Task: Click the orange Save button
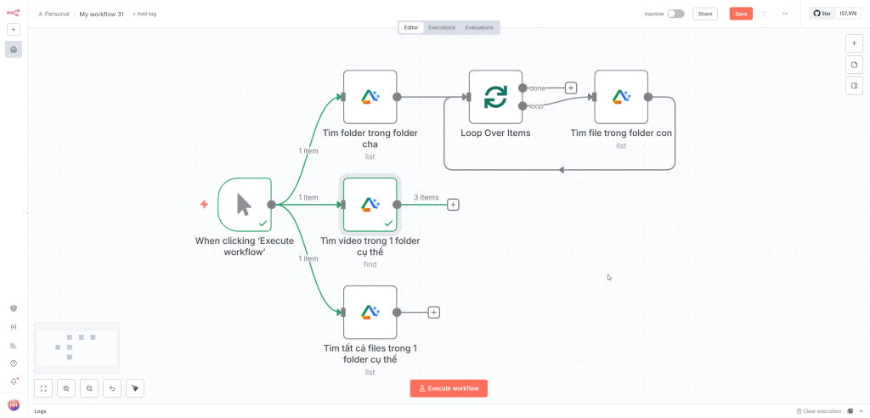(741, 14)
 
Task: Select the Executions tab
(441, 27)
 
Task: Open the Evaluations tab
(479, 27)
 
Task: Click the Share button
(705, 14)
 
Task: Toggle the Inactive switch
(675, 14)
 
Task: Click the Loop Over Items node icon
(495, 97)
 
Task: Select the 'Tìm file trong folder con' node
(621, 97)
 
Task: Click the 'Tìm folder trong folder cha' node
(370, 97)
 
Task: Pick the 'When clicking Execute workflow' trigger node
(245, 204)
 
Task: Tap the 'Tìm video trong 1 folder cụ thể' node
(370, 204)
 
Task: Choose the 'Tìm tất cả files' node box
(370, 312)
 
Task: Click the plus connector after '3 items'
(453, 205)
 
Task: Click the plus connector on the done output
(571, 88)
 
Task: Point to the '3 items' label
(427, 197)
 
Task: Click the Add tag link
(144, 14)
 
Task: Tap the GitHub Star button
(822, 14)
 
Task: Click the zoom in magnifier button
(66, 388)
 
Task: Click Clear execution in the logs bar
(818, 411)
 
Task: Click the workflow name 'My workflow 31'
(101, 14)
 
